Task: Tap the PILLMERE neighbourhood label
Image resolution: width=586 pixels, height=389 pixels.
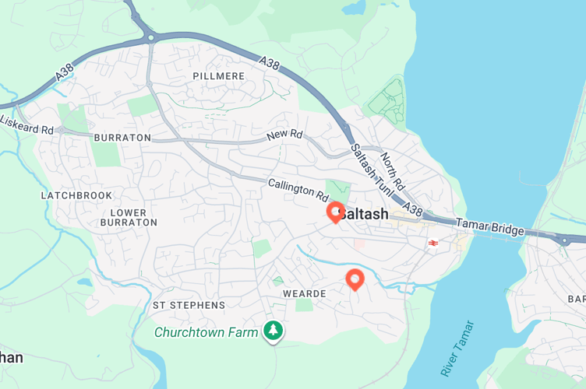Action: click(x=218, y=76)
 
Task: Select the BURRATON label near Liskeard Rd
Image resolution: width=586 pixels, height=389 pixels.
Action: click(x=122, y=138)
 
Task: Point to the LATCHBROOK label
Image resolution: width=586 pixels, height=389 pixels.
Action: click(x=76, y=195)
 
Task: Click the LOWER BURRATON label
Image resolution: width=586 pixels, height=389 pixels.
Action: click(x=129, y=217)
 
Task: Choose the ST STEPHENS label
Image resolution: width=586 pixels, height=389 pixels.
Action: click(x=189, y=306)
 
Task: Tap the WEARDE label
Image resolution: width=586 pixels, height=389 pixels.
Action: click(x=304, y=293)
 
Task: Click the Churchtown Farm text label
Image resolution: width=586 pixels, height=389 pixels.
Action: click(x=206, y=332)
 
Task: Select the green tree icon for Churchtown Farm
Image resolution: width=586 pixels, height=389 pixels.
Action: click(x=274, y=331)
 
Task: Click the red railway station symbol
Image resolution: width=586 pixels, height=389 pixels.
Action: click(x=432, y=244)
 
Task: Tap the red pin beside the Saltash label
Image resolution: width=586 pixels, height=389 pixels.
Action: click(x=336, y=211)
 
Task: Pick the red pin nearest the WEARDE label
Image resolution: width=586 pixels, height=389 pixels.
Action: click(x=355, y=279)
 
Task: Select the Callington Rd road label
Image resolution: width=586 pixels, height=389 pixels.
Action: click(x=298, y=188)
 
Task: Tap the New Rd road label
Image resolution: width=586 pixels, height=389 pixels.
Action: click(x=284, y=135)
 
